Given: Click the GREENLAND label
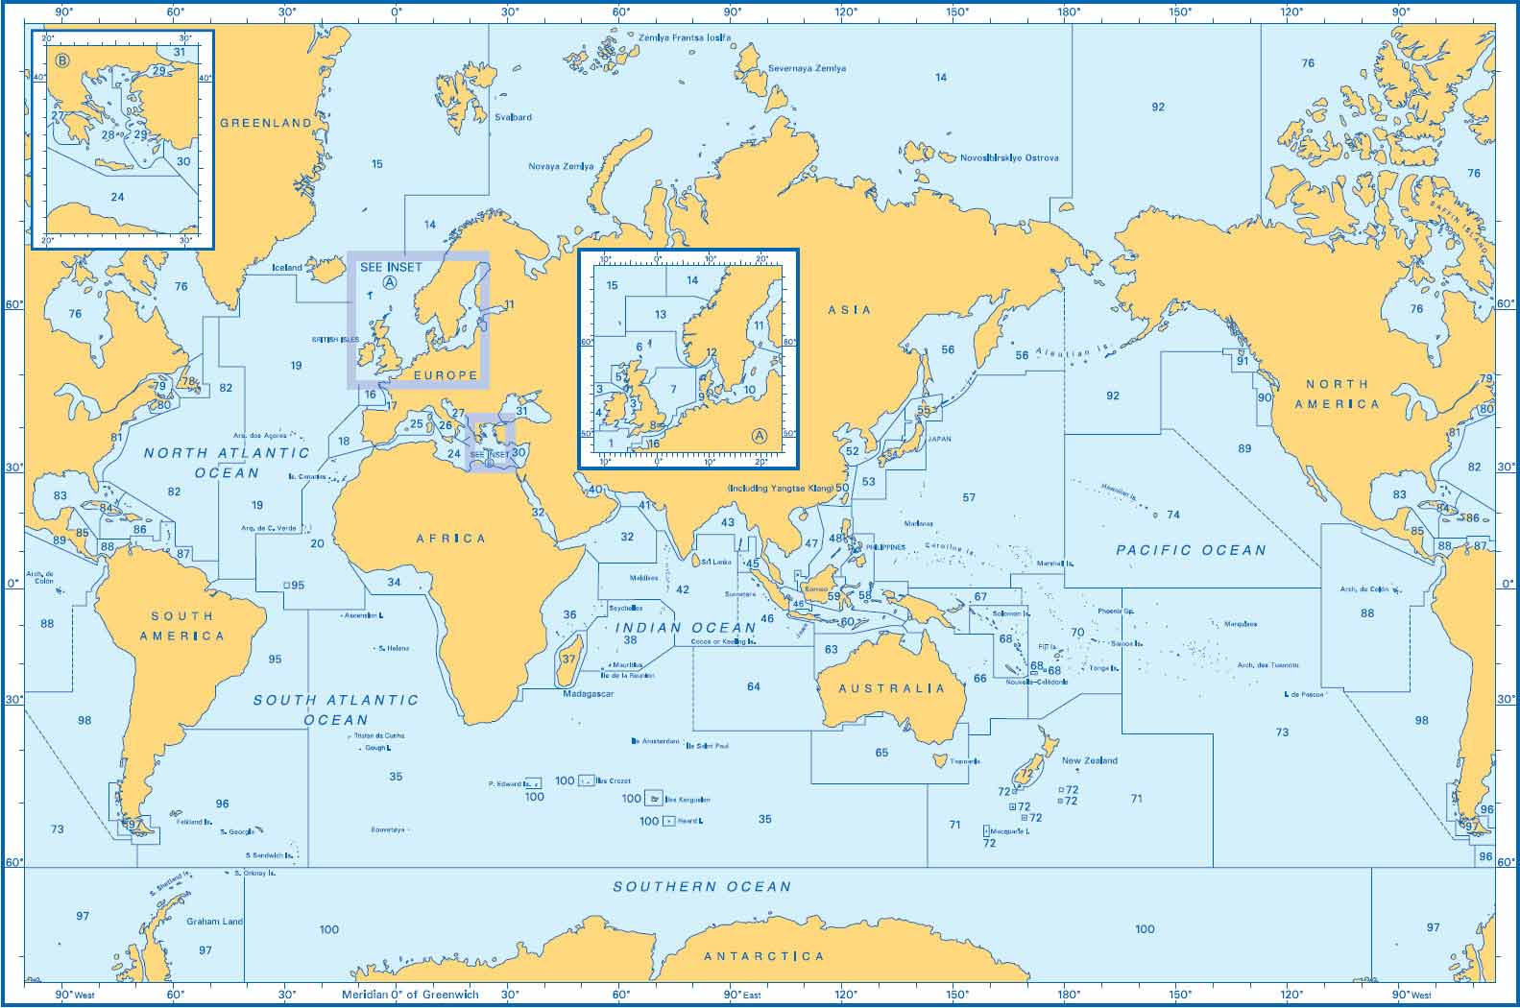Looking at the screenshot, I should tap(266, 123).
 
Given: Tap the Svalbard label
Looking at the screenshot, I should tap(513, 117).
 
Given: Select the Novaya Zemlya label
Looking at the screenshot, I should tap(561, 166).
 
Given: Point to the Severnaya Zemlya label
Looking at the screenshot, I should tap(807, 69).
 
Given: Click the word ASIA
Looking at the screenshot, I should tap(850, 310).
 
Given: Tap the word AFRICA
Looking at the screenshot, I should tap(451, 539).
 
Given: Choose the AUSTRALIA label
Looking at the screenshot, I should tap(892, 688).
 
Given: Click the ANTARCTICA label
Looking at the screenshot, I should tap(763, 956).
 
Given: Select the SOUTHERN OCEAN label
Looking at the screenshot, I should tap(702, 887).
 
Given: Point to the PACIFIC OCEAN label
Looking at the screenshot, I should tap(1191, 550).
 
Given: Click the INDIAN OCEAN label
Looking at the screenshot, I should tap(686, 628).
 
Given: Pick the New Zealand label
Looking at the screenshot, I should tap(1089, 760).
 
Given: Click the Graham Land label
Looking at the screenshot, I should tap(215, 922).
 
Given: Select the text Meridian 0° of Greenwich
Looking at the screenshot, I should tap(410, 995).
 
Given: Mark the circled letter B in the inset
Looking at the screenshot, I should tap(63, 61).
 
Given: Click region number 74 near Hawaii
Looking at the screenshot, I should tap(1173, 515).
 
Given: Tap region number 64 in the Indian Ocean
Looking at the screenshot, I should tap(754, 686).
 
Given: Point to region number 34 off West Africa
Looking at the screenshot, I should tap(394, 582).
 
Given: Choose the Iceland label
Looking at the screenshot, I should tap(286, 268).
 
